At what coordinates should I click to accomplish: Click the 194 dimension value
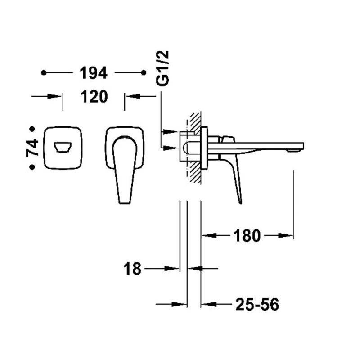pyautogui.click(x=94, y=73)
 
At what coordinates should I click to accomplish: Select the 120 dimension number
pyautogui.click(x=94, y=96)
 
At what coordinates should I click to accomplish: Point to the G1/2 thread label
pyautogui.click(x=162, y=68)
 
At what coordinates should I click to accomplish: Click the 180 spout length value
pyautogui.click(x=247, y=236)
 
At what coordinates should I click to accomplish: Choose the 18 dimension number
pyautogui.click(x=132, y=269)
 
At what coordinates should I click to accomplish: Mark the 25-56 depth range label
pyautogui.click(x=257, y=305)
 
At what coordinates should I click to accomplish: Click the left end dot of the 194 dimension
pyautogui.click(x=44, y=73)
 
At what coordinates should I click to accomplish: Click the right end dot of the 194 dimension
pyautogui.click(x=144, y=73)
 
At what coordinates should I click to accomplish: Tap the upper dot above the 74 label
pyautogui.click(x=32, y=129)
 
